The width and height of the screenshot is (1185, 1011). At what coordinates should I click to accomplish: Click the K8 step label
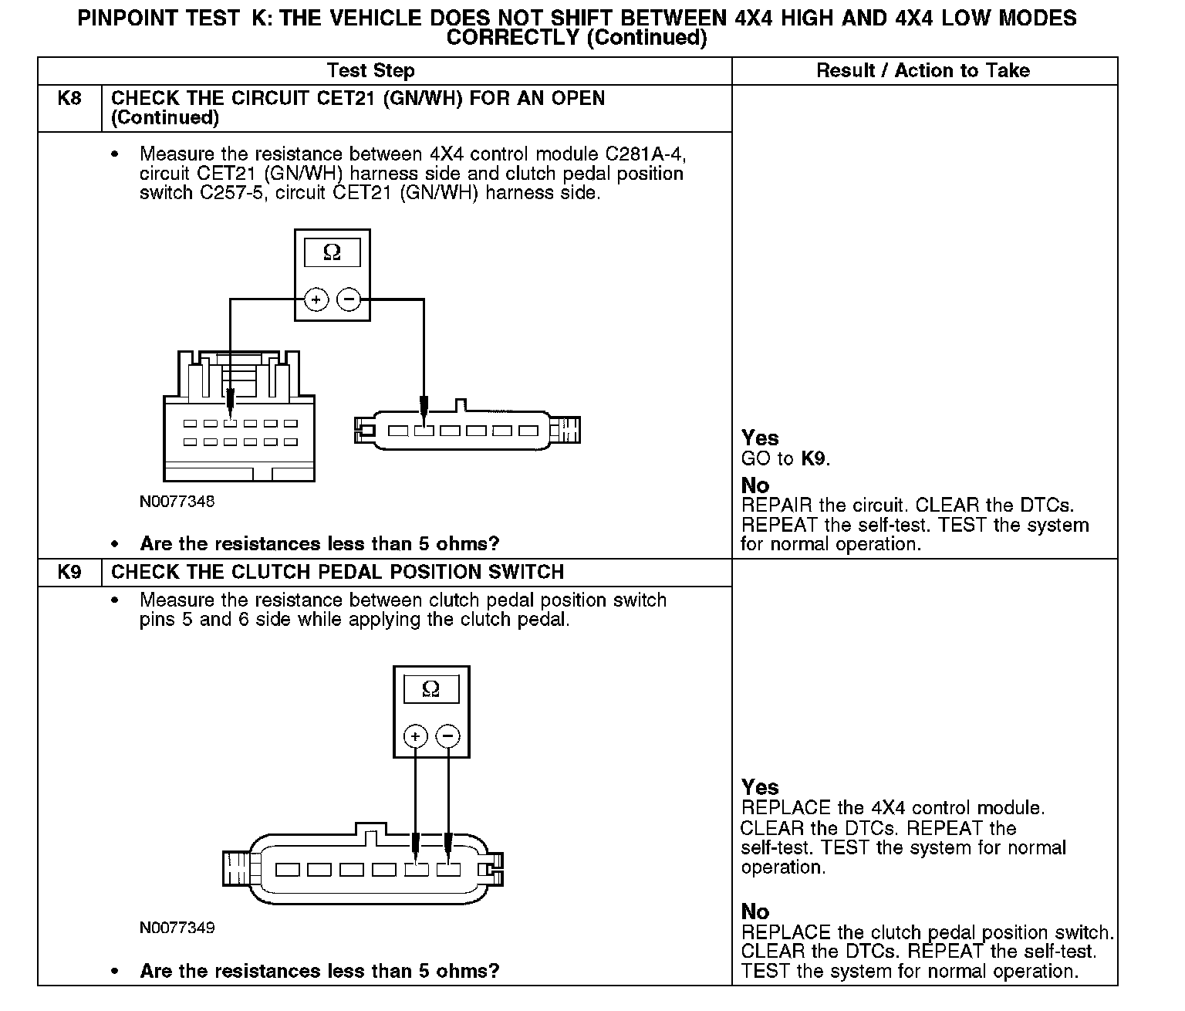[x=69, y=99]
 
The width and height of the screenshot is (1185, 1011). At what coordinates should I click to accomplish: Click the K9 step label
[x=69, y=573]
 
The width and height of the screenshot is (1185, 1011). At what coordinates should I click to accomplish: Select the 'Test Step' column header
[x=370, y=71]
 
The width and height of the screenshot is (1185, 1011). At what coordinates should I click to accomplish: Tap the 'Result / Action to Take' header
[x=923, y=71]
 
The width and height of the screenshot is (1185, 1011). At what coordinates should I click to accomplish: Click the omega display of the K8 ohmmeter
[x=332, y=252]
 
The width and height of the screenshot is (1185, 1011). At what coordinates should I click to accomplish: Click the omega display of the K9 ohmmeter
[x=431, y=689]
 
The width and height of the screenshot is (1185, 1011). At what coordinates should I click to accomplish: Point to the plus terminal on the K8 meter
[x=316, y=299]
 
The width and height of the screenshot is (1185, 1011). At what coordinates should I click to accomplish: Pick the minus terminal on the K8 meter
[x=349, y=299]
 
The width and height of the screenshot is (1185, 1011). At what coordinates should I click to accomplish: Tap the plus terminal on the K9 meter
[x=415, y=736]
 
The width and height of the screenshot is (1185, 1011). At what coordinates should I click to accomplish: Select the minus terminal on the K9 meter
[x=448, y=736]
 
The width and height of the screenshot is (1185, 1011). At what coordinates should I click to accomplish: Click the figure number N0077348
[x=177, y=502]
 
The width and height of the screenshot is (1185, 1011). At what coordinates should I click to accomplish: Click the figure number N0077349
[x=177, y=928]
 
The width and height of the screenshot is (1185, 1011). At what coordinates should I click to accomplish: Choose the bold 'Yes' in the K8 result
[x=760, y=438]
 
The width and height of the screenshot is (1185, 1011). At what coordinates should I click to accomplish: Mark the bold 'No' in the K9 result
[x=755, y=911]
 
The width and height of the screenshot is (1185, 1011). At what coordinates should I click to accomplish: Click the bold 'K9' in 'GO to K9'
[x=813, y=459]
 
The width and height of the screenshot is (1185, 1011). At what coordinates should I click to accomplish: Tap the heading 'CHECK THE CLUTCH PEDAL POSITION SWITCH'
[x=338, y=573]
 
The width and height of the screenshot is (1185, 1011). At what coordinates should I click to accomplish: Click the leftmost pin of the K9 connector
[x=288, y=870]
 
